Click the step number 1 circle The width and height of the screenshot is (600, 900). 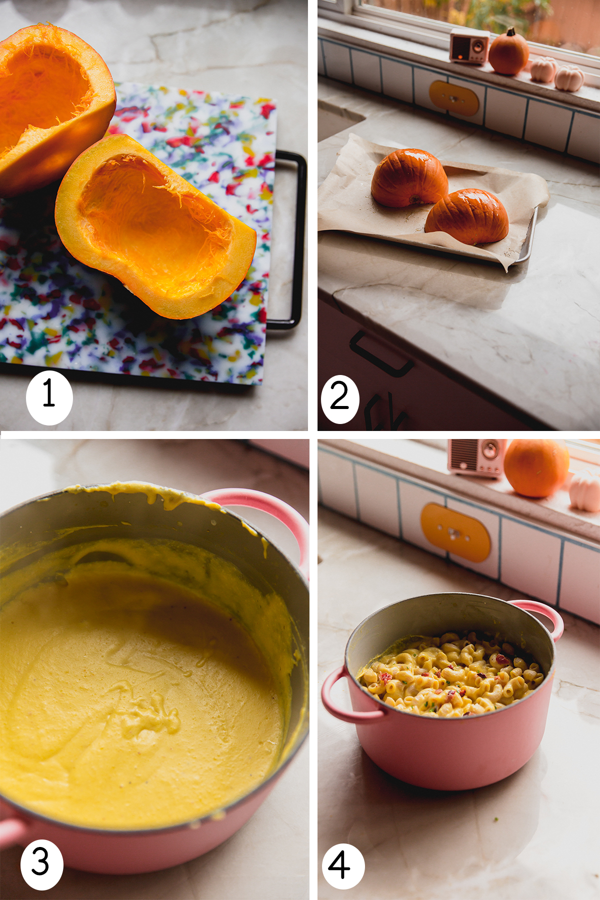(x=49, y=397)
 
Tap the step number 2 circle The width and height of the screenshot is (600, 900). (x=340, y=398)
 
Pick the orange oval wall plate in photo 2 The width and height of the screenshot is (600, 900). (x=454, y=98)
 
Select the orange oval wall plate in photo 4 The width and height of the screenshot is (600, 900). (x=455, y=532)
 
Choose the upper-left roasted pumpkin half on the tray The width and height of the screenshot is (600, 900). (x=408, y=178)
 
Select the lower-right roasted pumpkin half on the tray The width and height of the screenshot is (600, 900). (x=467, y=216)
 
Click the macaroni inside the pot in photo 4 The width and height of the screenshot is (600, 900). (x=450, y=672)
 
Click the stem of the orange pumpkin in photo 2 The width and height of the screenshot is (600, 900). (x=510, y=32)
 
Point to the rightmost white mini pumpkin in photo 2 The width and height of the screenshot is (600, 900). (x=569, y=78)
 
